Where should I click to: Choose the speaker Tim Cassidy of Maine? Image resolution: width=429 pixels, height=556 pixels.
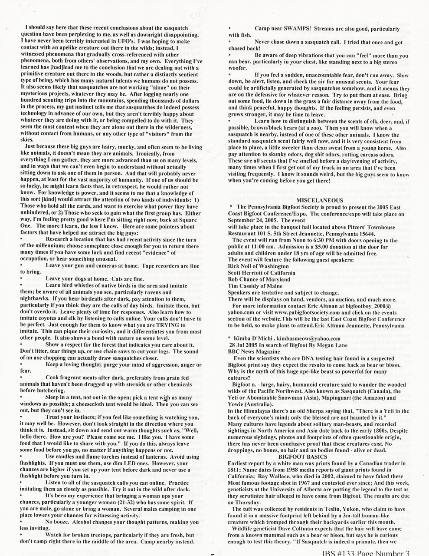click(x=256, y=286)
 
